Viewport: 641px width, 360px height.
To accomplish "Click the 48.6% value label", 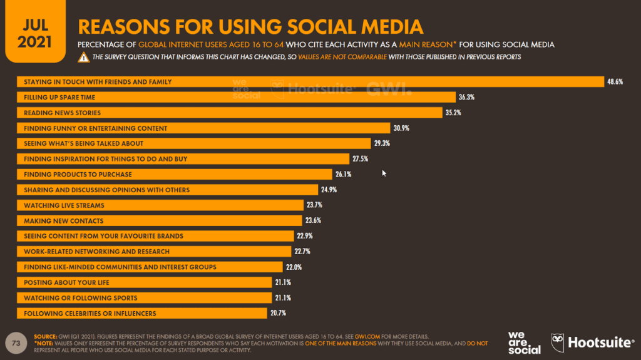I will point(614,81).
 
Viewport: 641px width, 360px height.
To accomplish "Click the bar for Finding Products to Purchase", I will point(175,174).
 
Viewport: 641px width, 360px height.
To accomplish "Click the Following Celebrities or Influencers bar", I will point(143,313).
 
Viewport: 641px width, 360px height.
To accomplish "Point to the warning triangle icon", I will point(83,58).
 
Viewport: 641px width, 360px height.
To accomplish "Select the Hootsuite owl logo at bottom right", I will point(559,342).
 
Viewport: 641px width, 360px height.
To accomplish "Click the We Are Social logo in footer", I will point(525,342).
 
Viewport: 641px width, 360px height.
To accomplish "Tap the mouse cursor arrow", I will point(384,173).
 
